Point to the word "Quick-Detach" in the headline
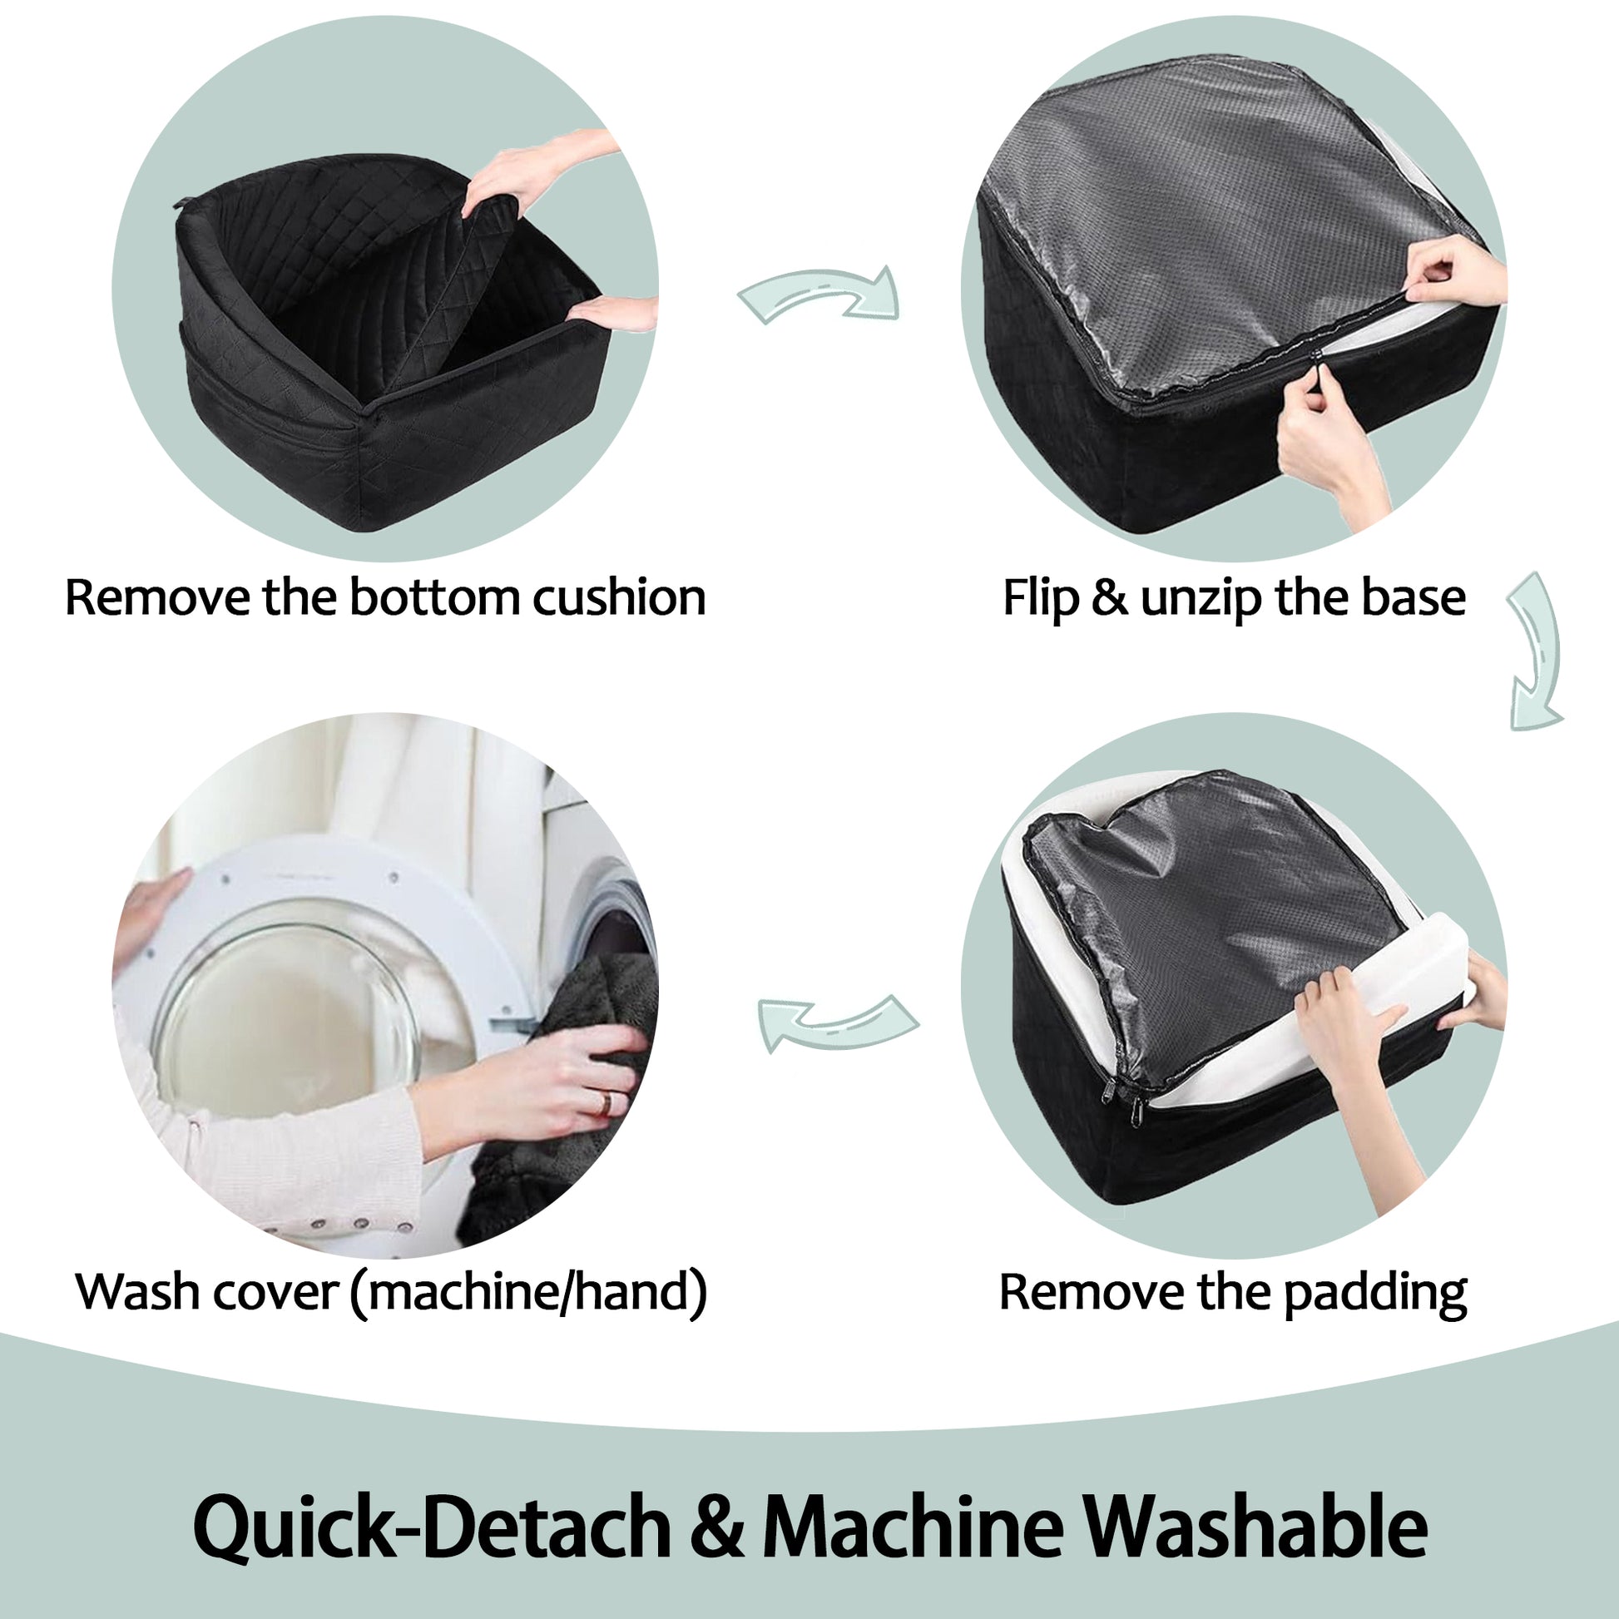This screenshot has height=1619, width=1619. click(x=432, y=1526)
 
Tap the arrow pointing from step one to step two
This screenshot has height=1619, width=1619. click(x=819, y=295)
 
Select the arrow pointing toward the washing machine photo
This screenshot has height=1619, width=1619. click(x=838, y=1022)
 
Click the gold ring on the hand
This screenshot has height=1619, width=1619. click(x=604, y=1104)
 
